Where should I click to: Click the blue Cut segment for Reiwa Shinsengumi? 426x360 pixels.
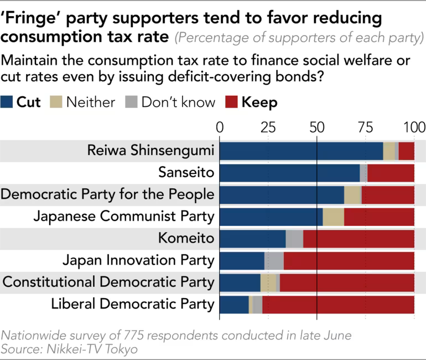302,151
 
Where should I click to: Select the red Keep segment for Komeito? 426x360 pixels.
359,239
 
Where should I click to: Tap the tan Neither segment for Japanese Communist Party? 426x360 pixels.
333,217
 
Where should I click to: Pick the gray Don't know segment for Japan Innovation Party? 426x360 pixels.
274,260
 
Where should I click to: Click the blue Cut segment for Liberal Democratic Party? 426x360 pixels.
234,304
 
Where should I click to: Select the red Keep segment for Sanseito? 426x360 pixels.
391,173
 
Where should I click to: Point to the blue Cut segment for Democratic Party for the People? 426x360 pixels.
282,195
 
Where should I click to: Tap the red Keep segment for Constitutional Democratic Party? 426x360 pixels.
347,282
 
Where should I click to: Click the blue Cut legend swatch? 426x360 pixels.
7,102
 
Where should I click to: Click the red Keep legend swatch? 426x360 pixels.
231,102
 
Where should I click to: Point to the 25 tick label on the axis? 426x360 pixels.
268,127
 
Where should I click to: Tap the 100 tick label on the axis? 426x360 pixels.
414,127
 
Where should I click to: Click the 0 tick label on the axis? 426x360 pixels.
220,127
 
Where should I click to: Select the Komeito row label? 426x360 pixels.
186,239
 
